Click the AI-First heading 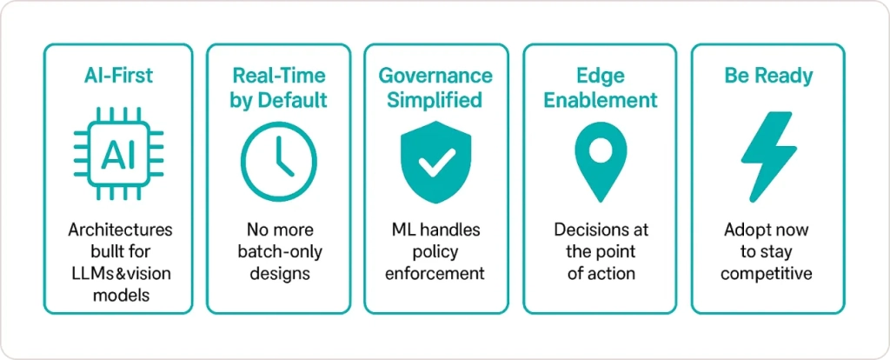tap(118, 76)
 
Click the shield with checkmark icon tap(436, 161)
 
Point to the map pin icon tap(601, 161)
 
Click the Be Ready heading tap(768, 76)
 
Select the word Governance tap(436, 76)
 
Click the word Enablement tap(600, 101)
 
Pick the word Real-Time tap(279, 76)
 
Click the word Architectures tap(120, 230)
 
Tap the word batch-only tap(279, 252)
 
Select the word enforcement tap(435, 274)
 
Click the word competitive tap(767, 274)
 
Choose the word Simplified tap(436, 101)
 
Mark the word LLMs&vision tap(120, 274)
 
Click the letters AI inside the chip tap(118, 157)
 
